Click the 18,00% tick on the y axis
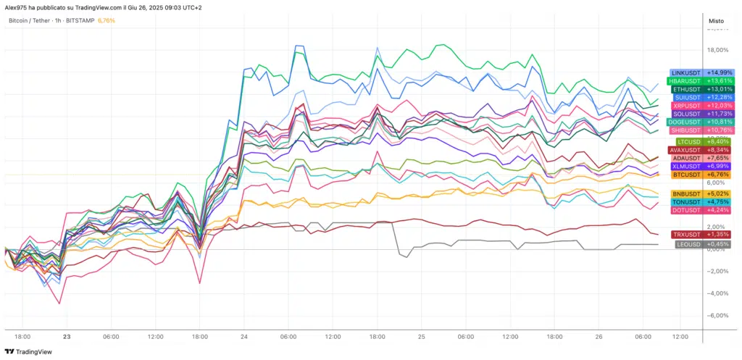(x=717, y=50)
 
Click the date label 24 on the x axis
(x=244, y=337)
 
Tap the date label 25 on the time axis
(x=422, y=337)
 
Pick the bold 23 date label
(x=67, y=337)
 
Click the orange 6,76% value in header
(x=106, y=20)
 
